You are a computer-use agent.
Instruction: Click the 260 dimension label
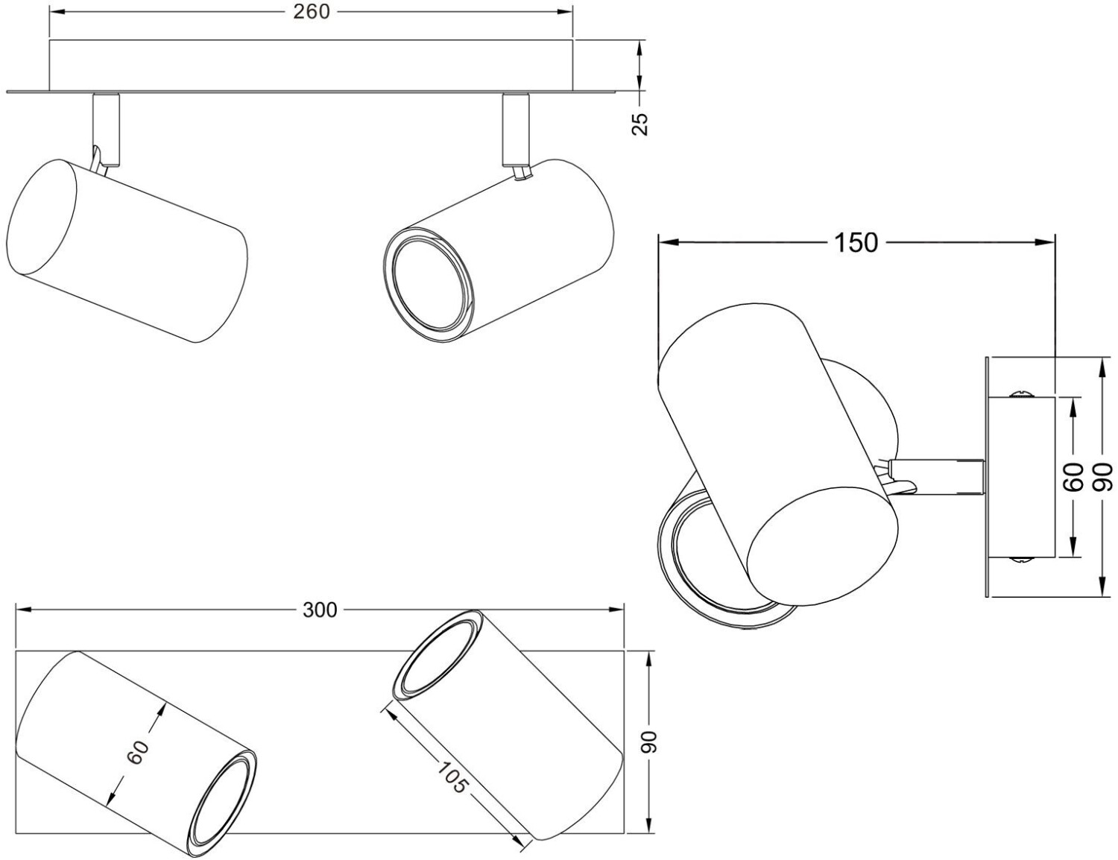click(x=311, y=12)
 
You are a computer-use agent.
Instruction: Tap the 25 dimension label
click(x=640, y=124)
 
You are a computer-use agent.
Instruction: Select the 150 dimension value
click(x=856, y=242)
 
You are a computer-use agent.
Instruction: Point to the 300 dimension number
click(x=320, y=610)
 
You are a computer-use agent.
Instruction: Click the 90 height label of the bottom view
click(x=650, y=741)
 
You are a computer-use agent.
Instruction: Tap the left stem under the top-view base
click(x=105, y=127)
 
